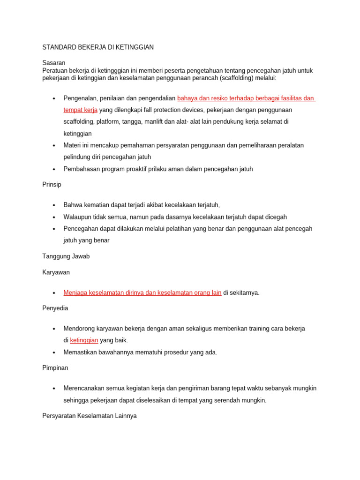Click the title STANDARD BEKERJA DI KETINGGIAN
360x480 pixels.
98,47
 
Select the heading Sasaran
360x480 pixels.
54,62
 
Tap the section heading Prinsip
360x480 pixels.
52,184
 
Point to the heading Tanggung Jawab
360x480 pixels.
66,256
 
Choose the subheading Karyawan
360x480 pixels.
56,272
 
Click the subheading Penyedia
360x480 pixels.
55,308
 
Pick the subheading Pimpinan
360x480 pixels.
55,367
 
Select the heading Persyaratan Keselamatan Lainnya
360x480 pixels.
90,416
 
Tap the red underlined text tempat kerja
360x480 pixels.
81,110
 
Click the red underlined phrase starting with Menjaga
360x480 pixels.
142,292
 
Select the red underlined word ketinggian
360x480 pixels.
84,340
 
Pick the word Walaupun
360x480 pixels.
78,217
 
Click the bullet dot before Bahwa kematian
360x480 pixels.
54,205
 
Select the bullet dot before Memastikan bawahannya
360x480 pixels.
54,352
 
